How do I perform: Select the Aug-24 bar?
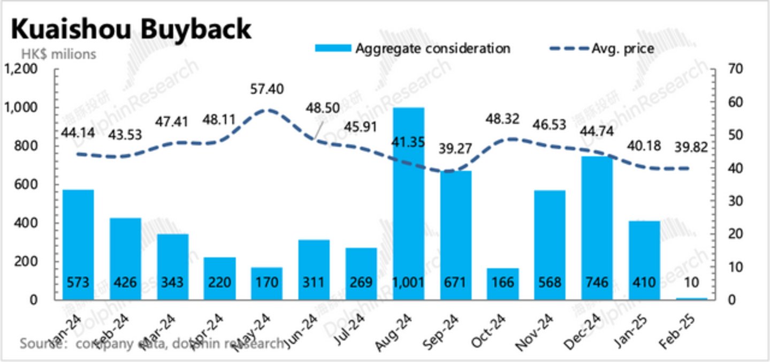pyautogui.click(x=409, y=203)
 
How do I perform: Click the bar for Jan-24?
pyautogui.click(x=78, y=244)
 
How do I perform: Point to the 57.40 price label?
pyautogui.click(x=267, y=88)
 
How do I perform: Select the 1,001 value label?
pyautogui.click(x=409, y=281)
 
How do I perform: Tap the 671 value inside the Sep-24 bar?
pyautogui.click(x=456, y=281)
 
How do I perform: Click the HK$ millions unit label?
pyautogui.click(x=58, y=54)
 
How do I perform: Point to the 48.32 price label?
pyautogui.click(x=502, y=119)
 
